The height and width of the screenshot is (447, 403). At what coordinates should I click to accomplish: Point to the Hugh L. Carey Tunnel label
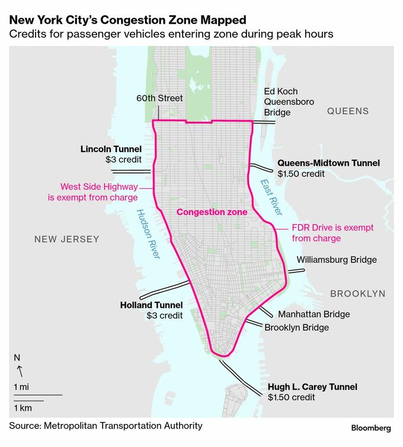coord(312,387)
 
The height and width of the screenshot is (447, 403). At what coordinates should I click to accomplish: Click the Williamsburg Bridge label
coord(337,259)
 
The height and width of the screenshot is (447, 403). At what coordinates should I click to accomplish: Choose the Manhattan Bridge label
coord(314,314)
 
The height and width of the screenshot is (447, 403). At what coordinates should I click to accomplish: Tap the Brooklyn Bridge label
coord(296,327)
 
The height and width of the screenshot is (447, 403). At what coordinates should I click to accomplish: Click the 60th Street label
coord(159,98)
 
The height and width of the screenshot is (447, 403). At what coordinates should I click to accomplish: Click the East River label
coord(273,197)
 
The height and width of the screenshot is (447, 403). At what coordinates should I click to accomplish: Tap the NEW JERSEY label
coord(66,239)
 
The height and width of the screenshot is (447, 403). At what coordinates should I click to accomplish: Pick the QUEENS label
coord(348,111)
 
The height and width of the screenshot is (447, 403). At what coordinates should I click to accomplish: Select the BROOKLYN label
coord(357,294)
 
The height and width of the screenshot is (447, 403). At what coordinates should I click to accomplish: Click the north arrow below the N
coord(19,371)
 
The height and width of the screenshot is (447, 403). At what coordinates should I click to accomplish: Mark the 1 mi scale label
coord(21,386)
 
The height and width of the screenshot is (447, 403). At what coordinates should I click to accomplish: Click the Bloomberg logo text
coord(371,427)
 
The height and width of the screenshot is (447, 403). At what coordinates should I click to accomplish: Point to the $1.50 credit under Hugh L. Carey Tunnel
coord(292,397)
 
